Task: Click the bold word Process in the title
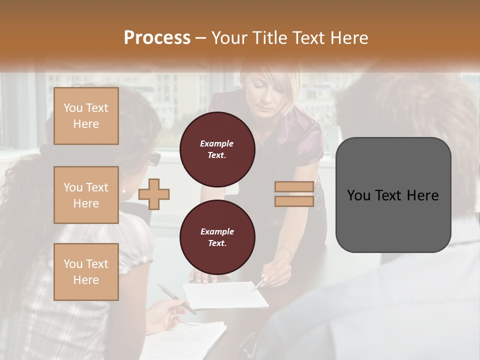click(157, 37)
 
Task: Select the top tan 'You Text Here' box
click(86, 116)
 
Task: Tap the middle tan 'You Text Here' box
click(86, 195)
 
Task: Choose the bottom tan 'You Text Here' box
click(86, 272)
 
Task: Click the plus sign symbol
click(154, 194)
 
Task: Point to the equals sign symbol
click(294, 194)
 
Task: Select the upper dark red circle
click(217, 149)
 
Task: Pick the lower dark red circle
click(217, 237)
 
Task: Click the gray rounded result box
click(393, 195)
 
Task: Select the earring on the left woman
click(123, 189)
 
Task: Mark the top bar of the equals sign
click(294, 187)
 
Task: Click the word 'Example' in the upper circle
click(217, 143)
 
